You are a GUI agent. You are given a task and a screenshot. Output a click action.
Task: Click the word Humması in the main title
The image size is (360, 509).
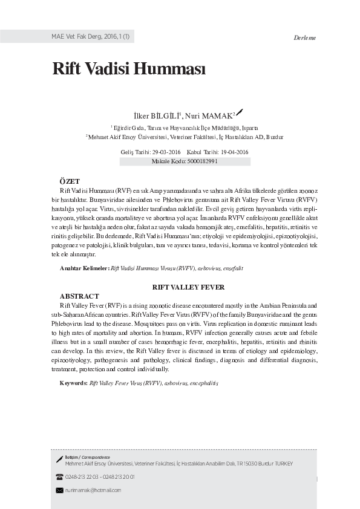click(172, 69)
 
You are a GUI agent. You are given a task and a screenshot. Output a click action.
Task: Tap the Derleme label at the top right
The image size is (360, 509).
click(304, 38)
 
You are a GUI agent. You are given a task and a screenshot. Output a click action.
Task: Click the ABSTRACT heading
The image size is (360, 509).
click(79, 296)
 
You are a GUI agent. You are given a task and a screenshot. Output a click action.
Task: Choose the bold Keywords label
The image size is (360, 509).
click(73, 383)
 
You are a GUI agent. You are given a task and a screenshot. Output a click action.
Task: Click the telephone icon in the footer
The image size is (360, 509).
click(59, 477)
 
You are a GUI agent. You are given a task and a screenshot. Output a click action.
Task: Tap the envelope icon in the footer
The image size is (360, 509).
click(59, 490)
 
